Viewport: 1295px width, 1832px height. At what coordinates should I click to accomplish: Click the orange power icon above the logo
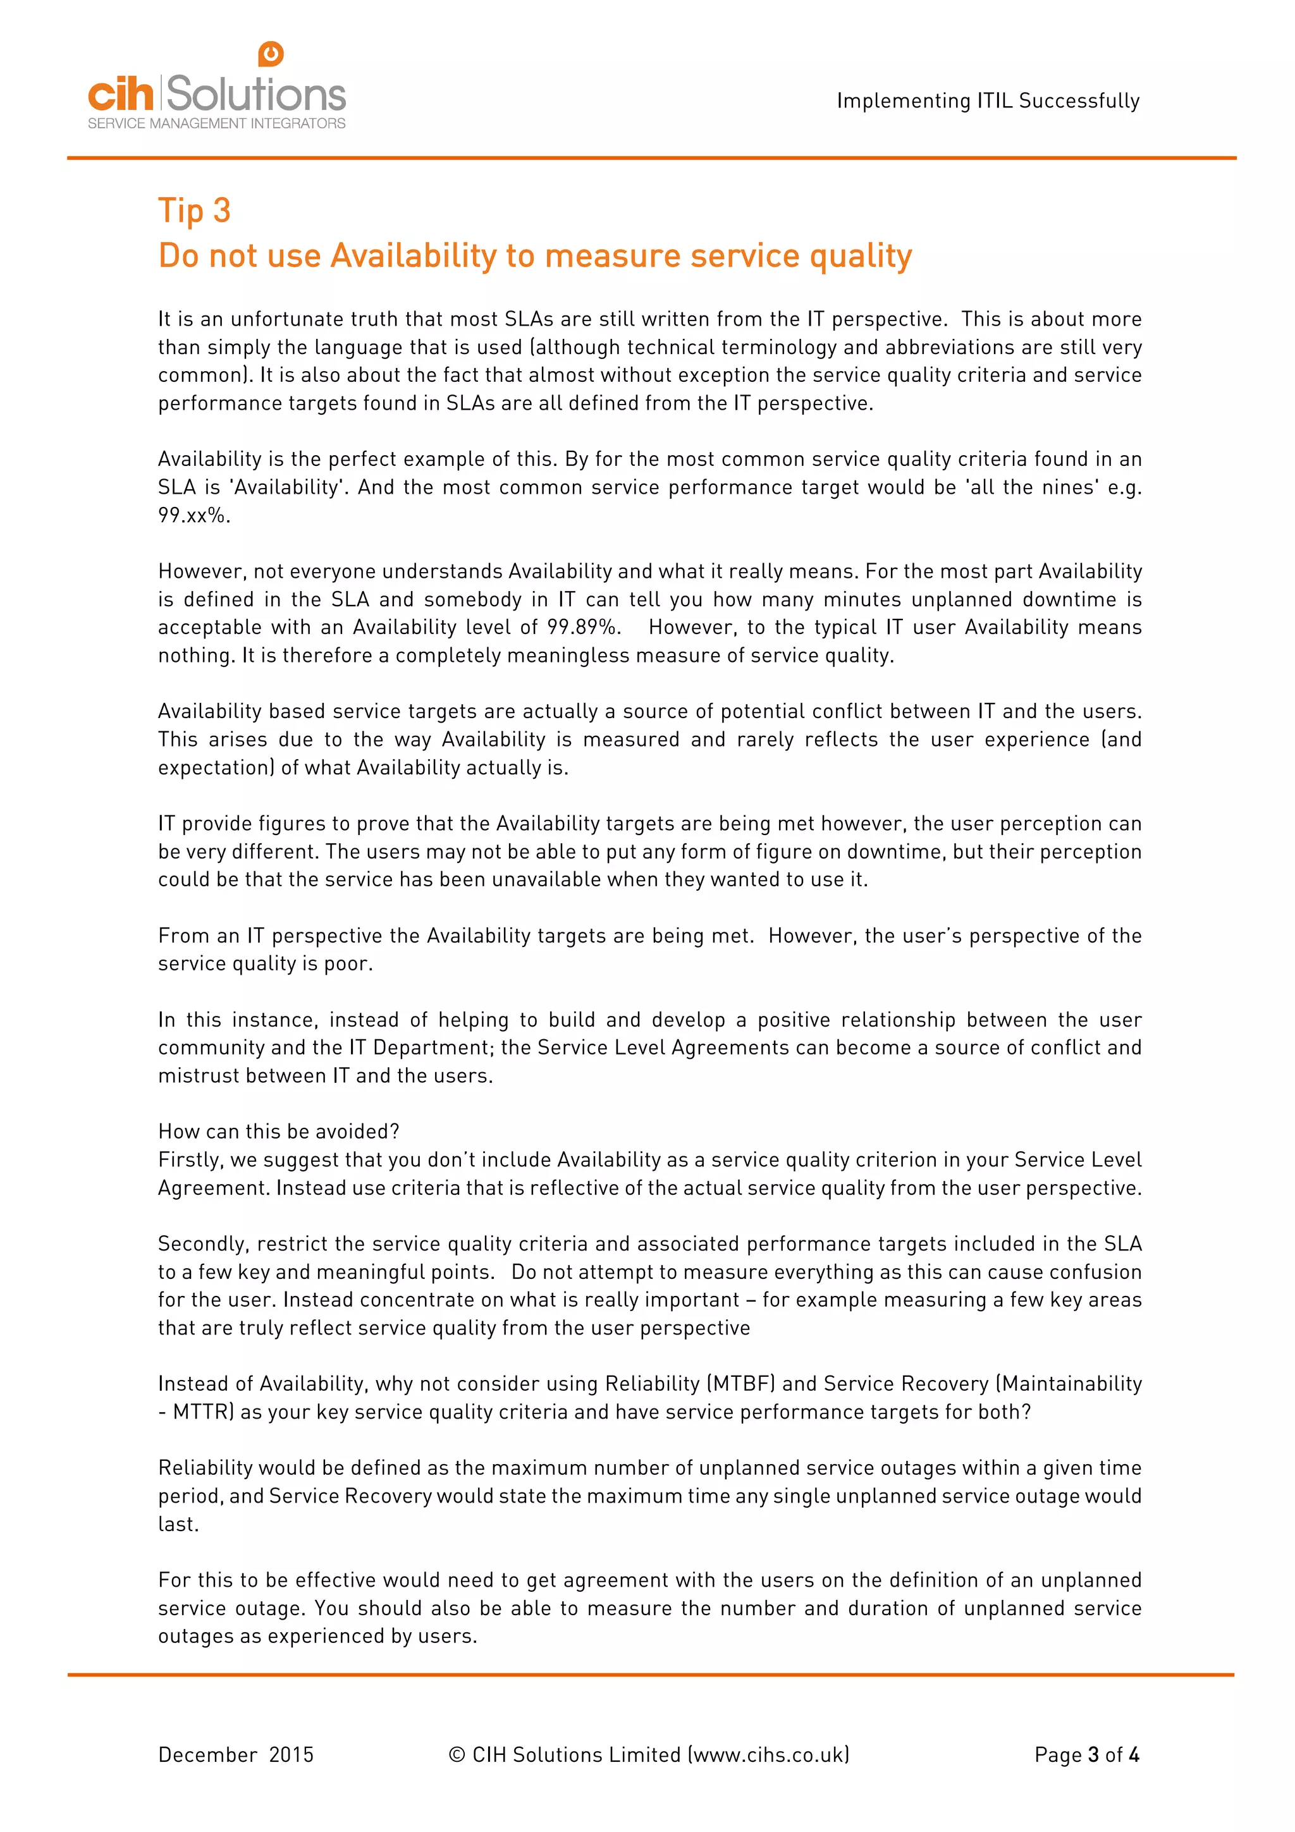271,54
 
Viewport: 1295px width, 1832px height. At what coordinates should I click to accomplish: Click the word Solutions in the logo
255,94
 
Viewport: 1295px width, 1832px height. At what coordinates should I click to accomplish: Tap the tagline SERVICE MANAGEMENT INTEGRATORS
216,124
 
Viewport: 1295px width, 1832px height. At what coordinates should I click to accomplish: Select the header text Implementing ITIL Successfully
988,101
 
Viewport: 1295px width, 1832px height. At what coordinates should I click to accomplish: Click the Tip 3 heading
194,211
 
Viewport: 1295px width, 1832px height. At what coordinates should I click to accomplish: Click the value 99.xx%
194,515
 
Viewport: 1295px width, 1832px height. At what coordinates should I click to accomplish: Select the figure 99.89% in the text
583,627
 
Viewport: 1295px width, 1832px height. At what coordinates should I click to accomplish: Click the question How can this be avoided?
278,1132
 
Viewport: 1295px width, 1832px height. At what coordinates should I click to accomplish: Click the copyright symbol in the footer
457,1755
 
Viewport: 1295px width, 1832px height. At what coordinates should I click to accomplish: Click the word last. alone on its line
178,1524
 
